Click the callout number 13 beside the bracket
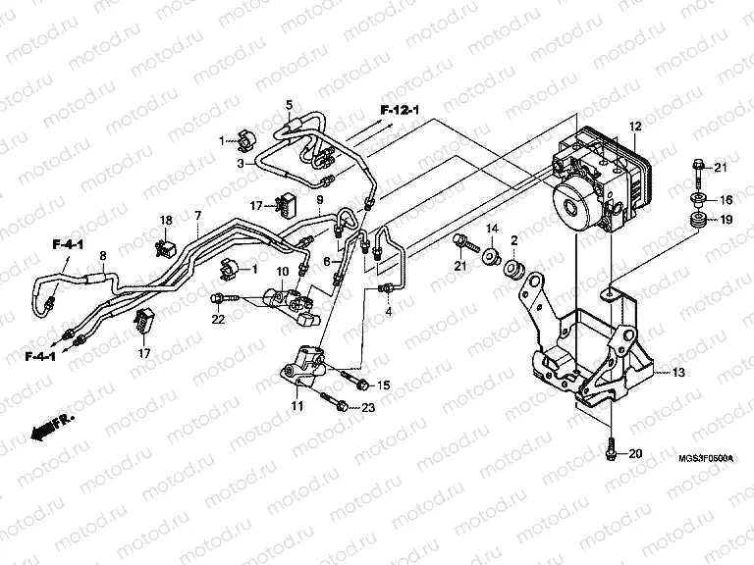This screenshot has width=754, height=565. point(678,373)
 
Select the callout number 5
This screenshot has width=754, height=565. point(290,104)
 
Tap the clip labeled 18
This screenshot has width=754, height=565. point(163,236)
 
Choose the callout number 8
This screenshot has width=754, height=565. point(101,256)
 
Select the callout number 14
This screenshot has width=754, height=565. point(493,230)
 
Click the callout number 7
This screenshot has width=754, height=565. point(197,215)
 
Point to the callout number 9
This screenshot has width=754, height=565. point(319,200)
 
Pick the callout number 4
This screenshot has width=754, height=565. point(388,311)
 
